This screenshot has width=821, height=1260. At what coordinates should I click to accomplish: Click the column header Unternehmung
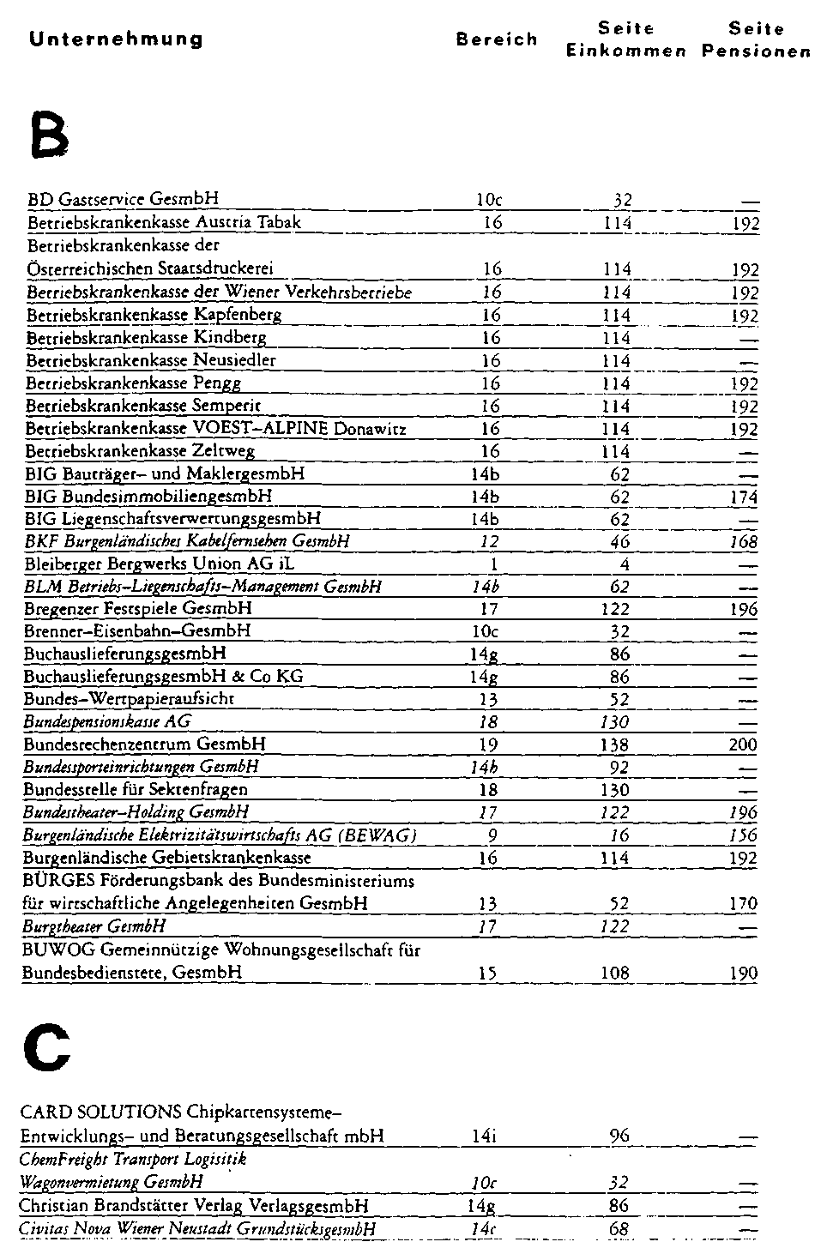(116, 39)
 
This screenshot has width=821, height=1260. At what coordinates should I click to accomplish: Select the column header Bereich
(497, 39)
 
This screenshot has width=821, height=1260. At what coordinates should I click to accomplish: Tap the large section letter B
(47, 135)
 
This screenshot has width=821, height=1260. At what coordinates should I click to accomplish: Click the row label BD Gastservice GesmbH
(123, 200)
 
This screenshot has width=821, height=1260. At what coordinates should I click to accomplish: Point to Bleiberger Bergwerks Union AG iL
(160, 564)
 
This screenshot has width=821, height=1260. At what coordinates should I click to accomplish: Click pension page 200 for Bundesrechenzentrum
(743, 745)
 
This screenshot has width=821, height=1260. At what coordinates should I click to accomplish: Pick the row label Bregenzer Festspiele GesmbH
(138, 609)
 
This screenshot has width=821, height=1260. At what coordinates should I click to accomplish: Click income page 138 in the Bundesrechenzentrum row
(615, 745)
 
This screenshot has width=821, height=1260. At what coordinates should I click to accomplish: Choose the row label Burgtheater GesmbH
(94, 926)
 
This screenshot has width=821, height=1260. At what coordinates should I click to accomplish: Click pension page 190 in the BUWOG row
(743, 973)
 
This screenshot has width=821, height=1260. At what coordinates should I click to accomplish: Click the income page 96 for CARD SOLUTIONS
(619, 1136)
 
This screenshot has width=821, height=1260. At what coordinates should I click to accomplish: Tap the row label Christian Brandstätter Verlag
(194, 1206)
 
